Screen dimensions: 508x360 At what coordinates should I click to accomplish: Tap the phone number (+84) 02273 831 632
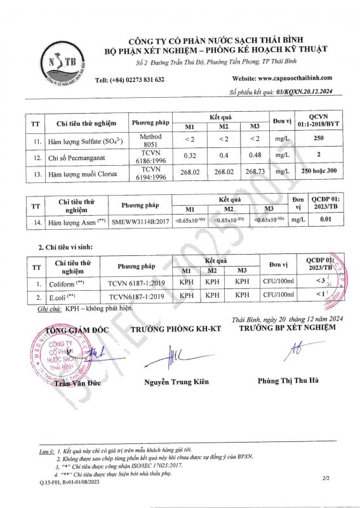pos(130,79)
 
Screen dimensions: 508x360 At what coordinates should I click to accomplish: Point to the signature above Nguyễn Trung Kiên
pos(171,356)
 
